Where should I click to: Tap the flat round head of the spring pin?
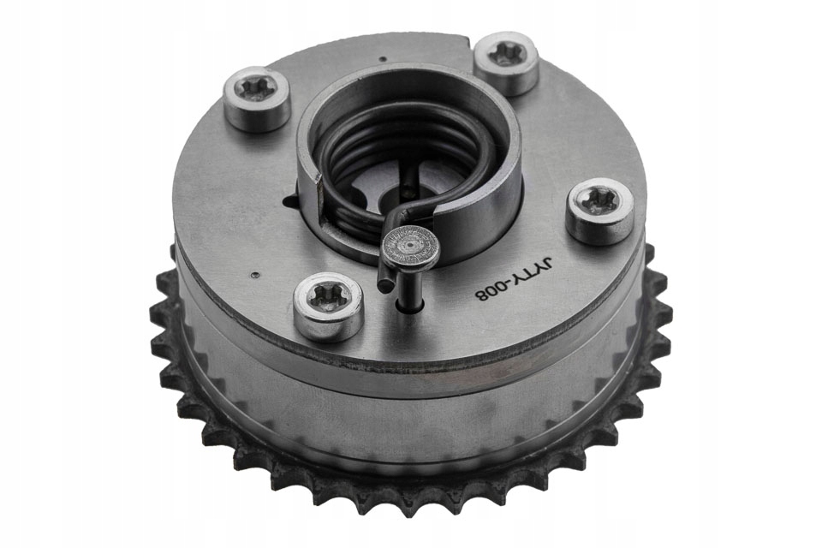[x=410, y=243]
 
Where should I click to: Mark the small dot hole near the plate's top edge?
[x=384, y=59]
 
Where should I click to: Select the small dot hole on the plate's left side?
[x=255, y=273]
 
